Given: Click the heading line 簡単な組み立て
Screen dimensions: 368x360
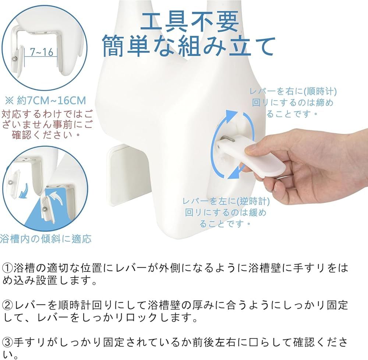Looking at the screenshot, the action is pyautogui.click(x=189, y=46).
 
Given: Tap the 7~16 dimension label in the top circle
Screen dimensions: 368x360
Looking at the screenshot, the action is pyautogui.click(x=42, y=52).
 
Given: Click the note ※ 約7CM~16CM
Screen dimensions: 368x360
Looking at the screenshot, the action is pyautogui.click(x=46, y=101).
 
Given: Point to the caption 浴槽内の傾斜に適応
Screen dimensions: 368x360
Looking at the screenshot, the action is pyautogui.click(x=46, y=239).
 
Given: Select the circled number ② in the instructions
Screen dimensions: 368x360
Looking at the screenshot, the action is pyautogui.click(x=7, y=305).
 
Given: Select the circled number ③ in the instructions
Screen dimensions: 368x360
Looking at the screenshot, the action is pyautogui.click(x=7, y=342).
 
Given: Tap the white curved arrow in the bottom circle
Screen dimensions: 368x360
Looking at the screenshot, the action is pyautogui.click(x=55, y=196).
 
